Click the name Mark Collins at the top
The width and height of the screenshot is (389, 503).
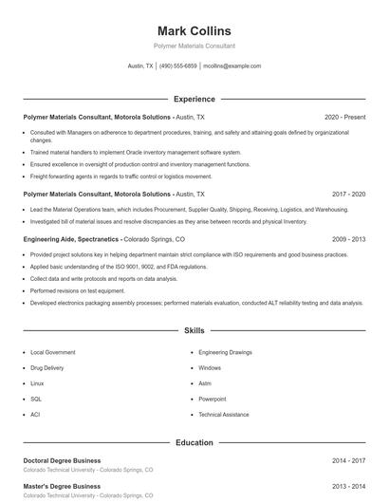pyautogui.click(x=194, y=30)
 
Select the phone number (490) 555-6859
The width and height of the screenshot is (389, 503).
pyautogui.click(x=178, y=66)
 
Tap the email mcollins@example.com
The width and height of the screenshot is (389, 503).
pyautogui.click(x=232, y=66)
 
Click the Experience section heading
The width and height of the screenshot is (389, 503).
pyautogui.click(x=194, y=99)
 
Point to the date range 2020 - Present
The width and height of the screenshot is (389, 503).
pyautogui.click(x=344, y=117)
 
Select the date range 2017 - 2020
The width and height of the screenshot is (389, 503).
pyautogui.click(x=348, y=194)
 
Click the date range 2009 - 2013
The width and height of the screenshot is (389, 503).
pyautogui.click(x=348, y=240)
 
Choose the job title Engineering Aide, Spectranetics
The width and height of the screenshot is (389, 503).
pyautogui.click(x=71, y=240)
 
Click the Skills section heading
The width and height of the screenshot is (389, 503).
pyautogui.click(x=194, y=331)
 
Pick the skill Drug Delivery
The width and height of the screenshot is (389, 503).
pyautogui.click(x=47, y=367)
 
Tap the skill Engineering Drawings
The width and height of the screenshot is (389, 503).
pyautogui.click(x=225, y=352)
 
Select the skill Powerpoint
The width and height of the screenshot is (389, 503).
pyautogui.click(x=213, y=399)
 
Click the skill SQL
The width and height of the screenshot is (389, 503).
pyautogui.click(x=36, y=399)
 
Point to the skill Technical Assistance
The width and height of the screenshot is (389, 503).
pyautogui.click(x=224, y=415)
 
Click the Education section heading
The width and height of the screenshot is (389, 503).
pyautogui.click(x=194, y=442)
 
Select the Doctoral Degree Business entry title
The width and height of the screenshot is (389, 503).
pyautogui.click(x=62, y=460)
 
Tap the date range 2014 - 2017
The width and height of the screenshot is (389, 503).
pyautogui.click(x=348, y=460)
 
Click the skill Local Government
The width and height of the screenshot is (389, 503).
pyautogui.click(x=52, y=352)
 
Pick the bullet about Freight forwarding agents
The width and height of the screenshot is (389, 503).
pyautogui.click(x=120, y=176)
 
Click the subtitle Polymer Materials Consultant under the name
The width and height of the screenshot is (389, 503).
pyautogui.click(x=194, y=46)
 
